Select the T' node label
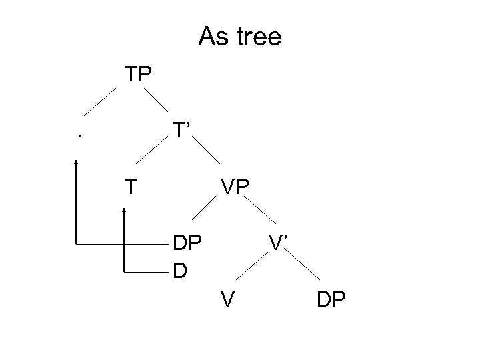pyautogui.click(x=182, y=129)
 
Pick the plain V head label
pyautogui.click(x=228, y=300)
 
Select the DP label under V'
pyautogui.click(x=331, y=300)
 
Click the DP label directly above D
pyautogui.click(x=187, y=242)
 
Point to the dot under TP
pyautogui.click(x=79, y=137)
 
